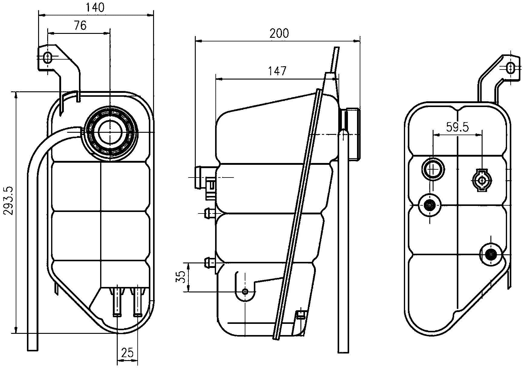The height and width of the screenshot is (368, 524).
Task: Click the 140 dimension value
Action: (x=95, y=8)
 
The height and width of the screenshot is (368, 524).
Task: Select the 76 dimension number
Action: (x=80, y=26)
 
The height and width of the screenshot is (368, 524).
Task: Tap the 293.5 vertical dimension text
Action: (x=8, y=200)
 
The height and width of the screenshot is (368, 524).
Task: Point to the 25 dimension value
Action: (x=127, y=353)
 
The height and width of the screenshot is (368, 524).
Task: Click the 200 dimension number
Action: (x=279, y=33)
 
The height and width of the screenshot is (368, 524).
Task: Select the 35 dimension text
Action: (x=180, y=277)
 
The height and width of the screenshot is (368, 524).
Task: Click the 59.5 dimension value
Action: (x=457, y=127)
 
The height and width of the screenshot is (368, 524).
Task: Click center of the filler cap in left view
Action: (x=110, y=132)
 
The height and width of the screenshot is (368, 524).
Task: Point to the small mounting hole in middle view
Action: (x=245, y=291)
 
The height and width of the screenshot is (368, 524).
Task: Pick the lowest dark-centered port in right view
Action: (x=490, y=255)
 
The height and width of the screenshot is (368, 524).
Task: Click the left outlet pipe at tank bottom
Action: (x=117, y=302)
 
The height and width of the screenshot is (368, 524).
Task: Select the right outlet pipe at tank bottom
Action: (x=138, y=302)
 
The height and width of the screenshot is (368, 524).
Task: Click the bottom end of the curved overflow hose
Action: (x=32, y=348)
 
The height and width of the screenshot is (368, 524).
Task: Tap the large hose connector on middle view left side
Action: (x=200, y=177)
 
